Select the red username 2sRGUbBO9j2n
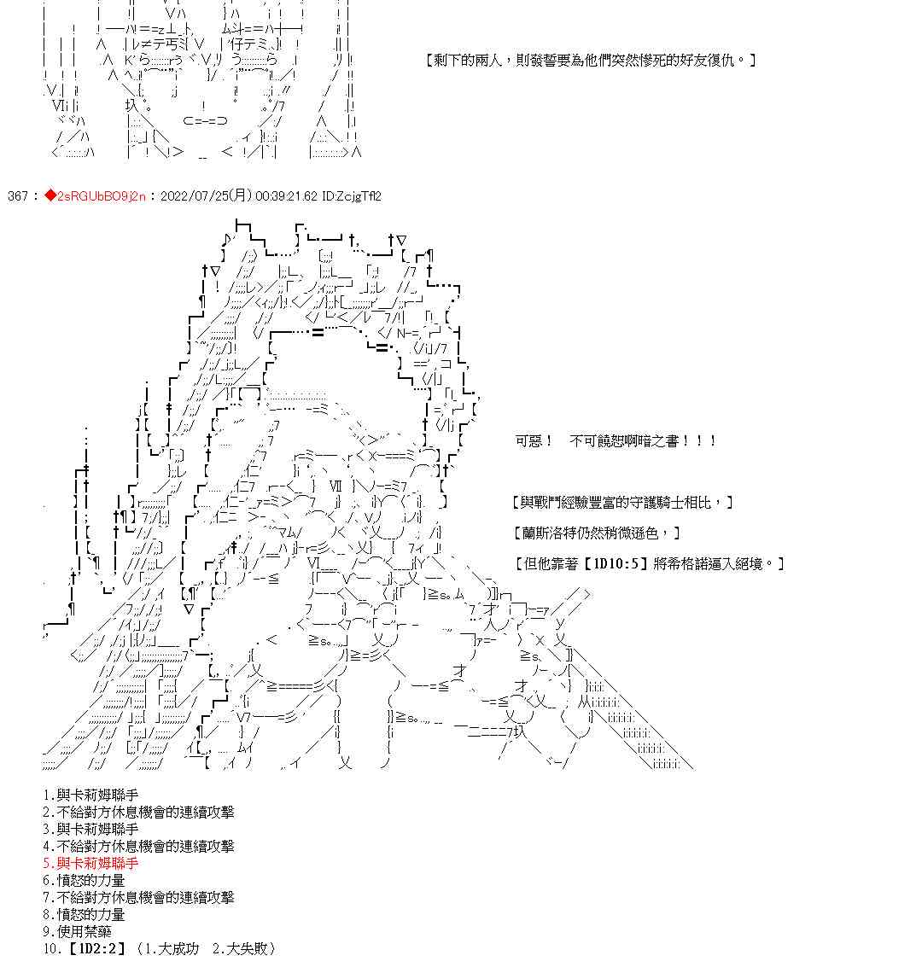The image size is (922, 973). [100, 196]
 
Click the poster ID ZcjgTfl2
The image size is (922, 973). [352, 196]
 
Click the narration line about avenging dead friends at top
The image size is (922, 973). [589, 61]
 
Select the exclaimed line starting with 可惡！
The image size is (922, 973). [615, 441]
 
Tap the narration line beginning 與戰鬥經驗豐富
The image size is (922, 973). [623, 503]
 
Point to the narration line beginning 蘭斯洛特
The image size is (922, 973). [598, 533]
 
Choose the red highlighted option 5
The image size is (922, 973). [90, 863]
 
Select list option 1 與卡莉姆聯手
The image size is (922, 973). [90, 795]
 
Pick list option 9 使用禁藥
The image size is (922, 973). [84, 931]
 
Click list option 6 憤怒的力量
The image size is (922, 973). [84, 880]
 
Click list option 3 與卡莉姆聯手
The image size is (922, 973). [90, 829]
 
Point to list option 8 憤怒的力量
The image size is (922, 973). [84, 914]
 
